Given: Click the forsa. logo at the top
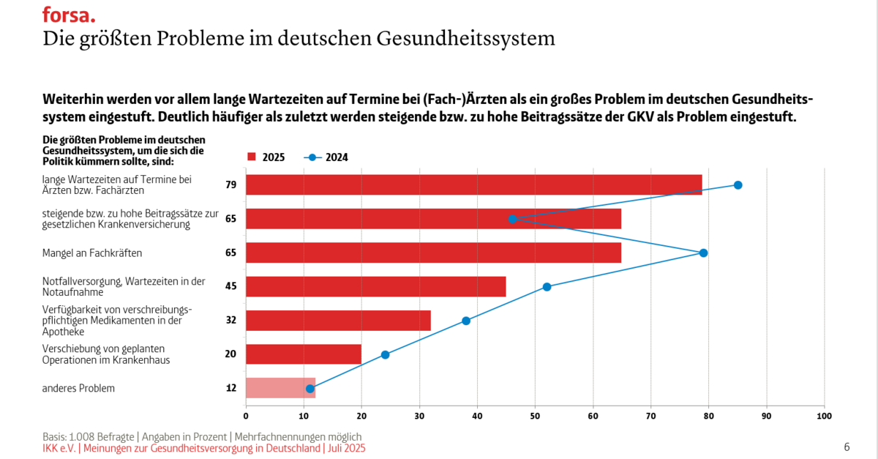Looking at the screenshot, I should pyautogui.click(x=69, y=14).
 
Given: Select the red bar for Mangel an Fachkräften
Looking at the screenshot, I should pyautogui.click(x=433, y=253).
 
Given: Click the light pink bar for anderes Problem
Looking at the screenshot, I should pyautogui.click(x=280, y=388).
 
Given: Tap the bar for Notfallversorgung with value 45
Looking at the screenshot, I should pyautogui.click(x=375, y=286).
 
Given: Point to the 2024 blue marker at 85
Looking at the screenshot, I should pyautogui.click(x=738, y=185).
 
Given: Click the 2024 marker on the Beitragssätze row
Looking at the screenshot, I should pyautogui.click(x=512, y=219).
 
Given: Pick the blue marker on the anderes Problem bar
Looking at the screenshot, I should pyautogui.click(x=309, y=388).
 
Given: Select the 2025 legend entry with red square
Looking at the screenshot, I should pyautogui.click(x=266, y=157).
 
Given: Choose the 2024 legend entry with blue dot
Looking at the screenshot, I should pyautogui.click(x=327, y=157).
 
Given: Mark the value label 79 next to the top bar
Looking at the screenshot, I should pyautogui.click(x=231, y=185).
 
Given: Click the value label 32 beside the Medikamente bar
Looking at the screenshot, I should pyautogui.click(x=231, y=320).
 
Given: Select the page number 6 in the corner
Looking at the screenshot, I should pyautogui.click(x=847, y=447).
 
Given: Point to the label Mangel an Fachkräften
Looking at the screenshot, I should pyautogui.click(x=92, y=253).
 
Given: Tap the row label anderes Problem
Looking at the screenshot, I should pyautogui.click(x=78, y=388).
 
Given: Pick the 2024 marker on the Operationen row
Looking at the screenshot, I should pyautogui.click(x=385, y=355).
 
